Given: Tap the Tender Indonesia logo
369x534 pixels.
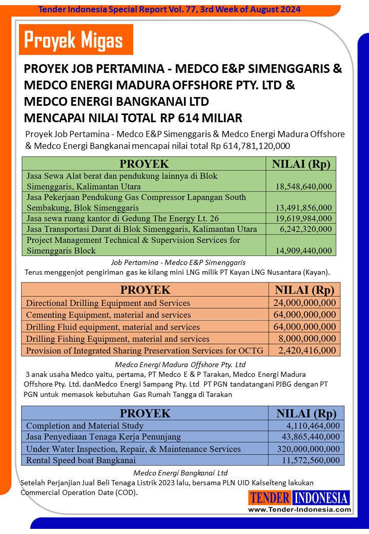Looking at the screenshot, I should (x=299, y=497).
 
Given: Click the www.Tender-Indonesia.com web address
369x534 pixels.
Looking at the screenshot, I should (x=299, y=509).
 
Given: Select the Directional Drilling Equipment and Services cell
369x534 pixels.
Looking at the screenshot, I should (x=108, y=303).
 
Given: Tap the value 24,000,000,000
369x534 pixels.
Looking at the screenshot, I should (x=304, y=303).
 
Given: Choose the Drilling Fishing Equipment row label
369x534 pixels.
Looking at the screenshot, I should (x=118, y=339).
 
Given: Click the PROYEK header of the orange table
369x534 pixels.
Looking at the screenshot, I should (x=145, y=289).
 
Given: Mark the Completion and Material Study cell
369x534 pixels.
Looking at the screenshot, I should (x=85, y=426).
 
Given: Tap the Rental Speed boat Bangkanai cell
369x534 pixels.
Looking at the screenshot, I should (x=80, y=460).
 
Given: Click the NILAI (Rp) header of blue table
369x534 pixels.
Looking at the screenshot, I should (x=306, y=413).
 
